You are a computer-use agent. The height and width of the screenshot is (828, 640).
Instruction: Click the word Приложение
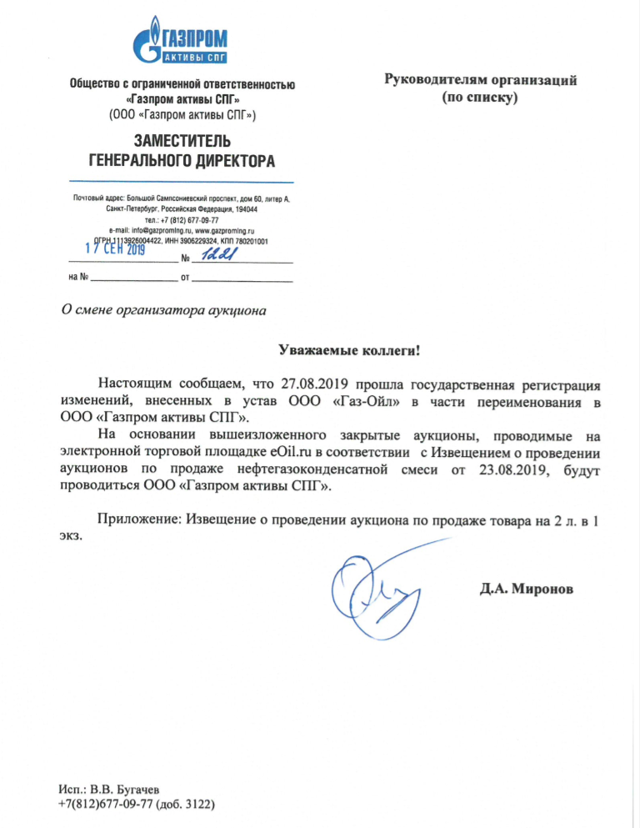tap(136, 521)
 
